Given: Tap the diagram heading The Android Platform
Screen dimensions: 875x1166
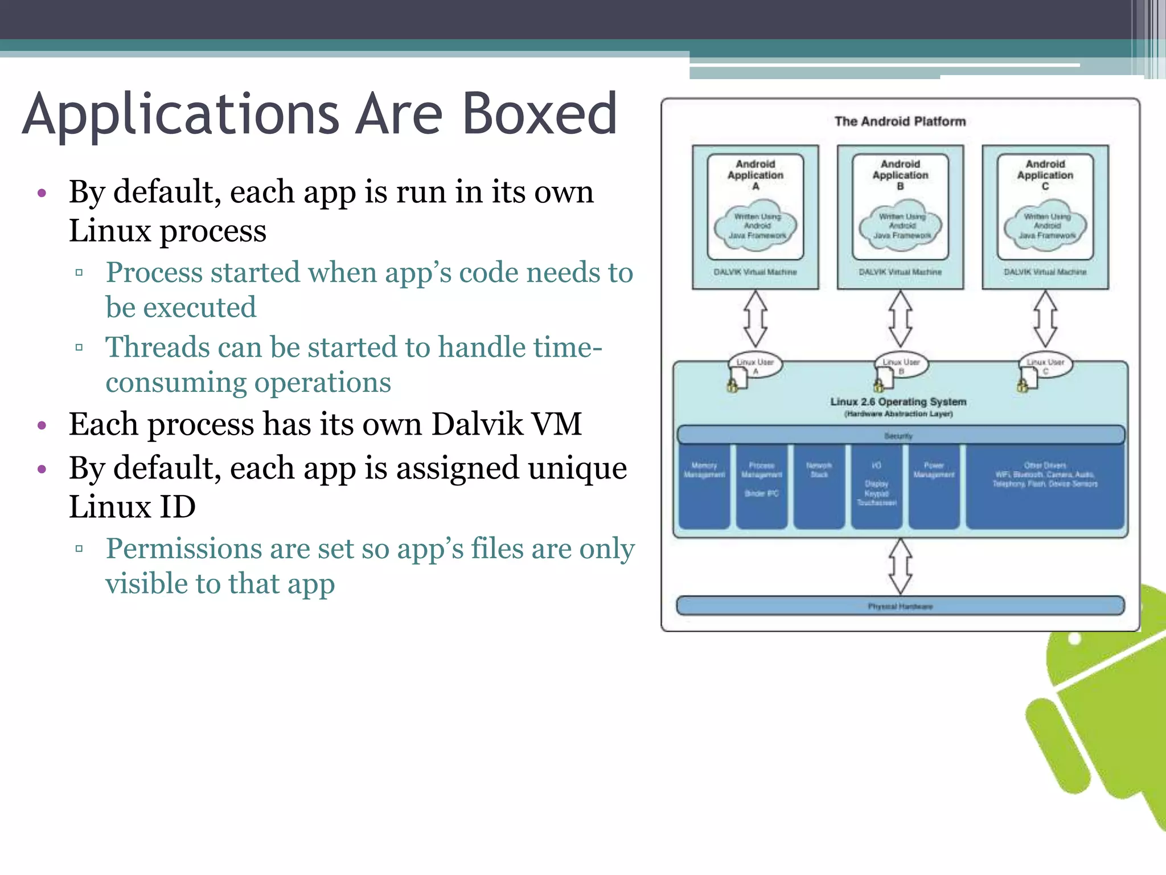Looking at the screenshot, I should tap(900, 121).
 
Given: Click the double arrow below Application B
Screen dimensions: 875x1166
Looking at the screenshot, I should tap(900, 319).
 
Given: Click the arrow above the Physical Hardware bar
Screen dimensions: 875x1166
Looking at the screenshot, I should tap(900, 566).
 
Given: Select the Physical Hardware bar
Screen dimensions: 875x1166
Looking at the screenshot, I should tap(900, 606).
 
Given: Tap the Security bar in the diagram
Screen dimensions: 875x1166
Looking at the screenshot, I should tap(900, 435).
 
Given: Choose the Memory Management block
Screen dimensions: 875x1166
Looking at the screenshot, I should tap(704, 487).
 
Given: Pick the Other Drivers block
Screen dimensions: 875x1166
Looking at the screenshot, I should tap(1045, 487).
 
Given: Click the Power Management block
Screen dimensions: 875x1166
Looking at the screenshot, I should tap(934, 487).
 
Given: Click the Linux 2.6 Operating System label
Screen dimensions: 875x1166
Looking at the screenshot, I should tap(898, 402).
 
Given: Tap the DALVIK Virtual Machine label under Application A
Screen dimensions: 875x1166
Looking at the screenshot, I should tap(755, 272).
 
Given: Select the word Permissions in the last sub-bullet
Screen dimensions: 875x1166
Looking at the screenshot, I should tap(183, 549).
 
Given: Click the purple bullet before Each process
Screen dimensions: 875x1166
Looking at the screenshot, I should tap(42, 426).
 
